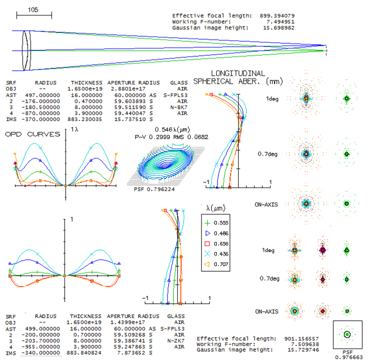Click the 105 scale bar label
(33, 10)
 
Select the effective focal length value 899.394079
(277, 16)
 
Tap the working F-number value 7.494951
(280, 22)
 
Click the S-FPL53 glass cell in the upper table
(175, 95)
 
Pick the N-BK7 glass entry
(179, 107)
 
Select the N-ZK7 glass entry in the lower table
(176, 341)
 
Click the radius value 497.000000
(43, 95)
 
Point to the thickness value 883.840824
(84, 353)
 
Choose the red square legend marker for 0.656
(207, 244)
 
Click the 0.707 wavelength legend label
(221, 264)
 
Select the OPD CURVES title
(32, 134)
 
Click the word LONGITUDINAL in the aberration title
(238, 74)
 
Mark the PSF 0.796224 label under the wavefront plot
(154, 189)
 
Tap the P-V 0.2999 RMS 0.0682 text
(171, 137)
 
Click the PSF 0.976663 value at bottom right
(349, 357)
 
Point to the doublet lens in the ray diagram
(26, 51)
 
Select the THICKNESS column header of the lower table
(85, 316)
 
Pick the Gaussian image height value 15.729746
(303, 350)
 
